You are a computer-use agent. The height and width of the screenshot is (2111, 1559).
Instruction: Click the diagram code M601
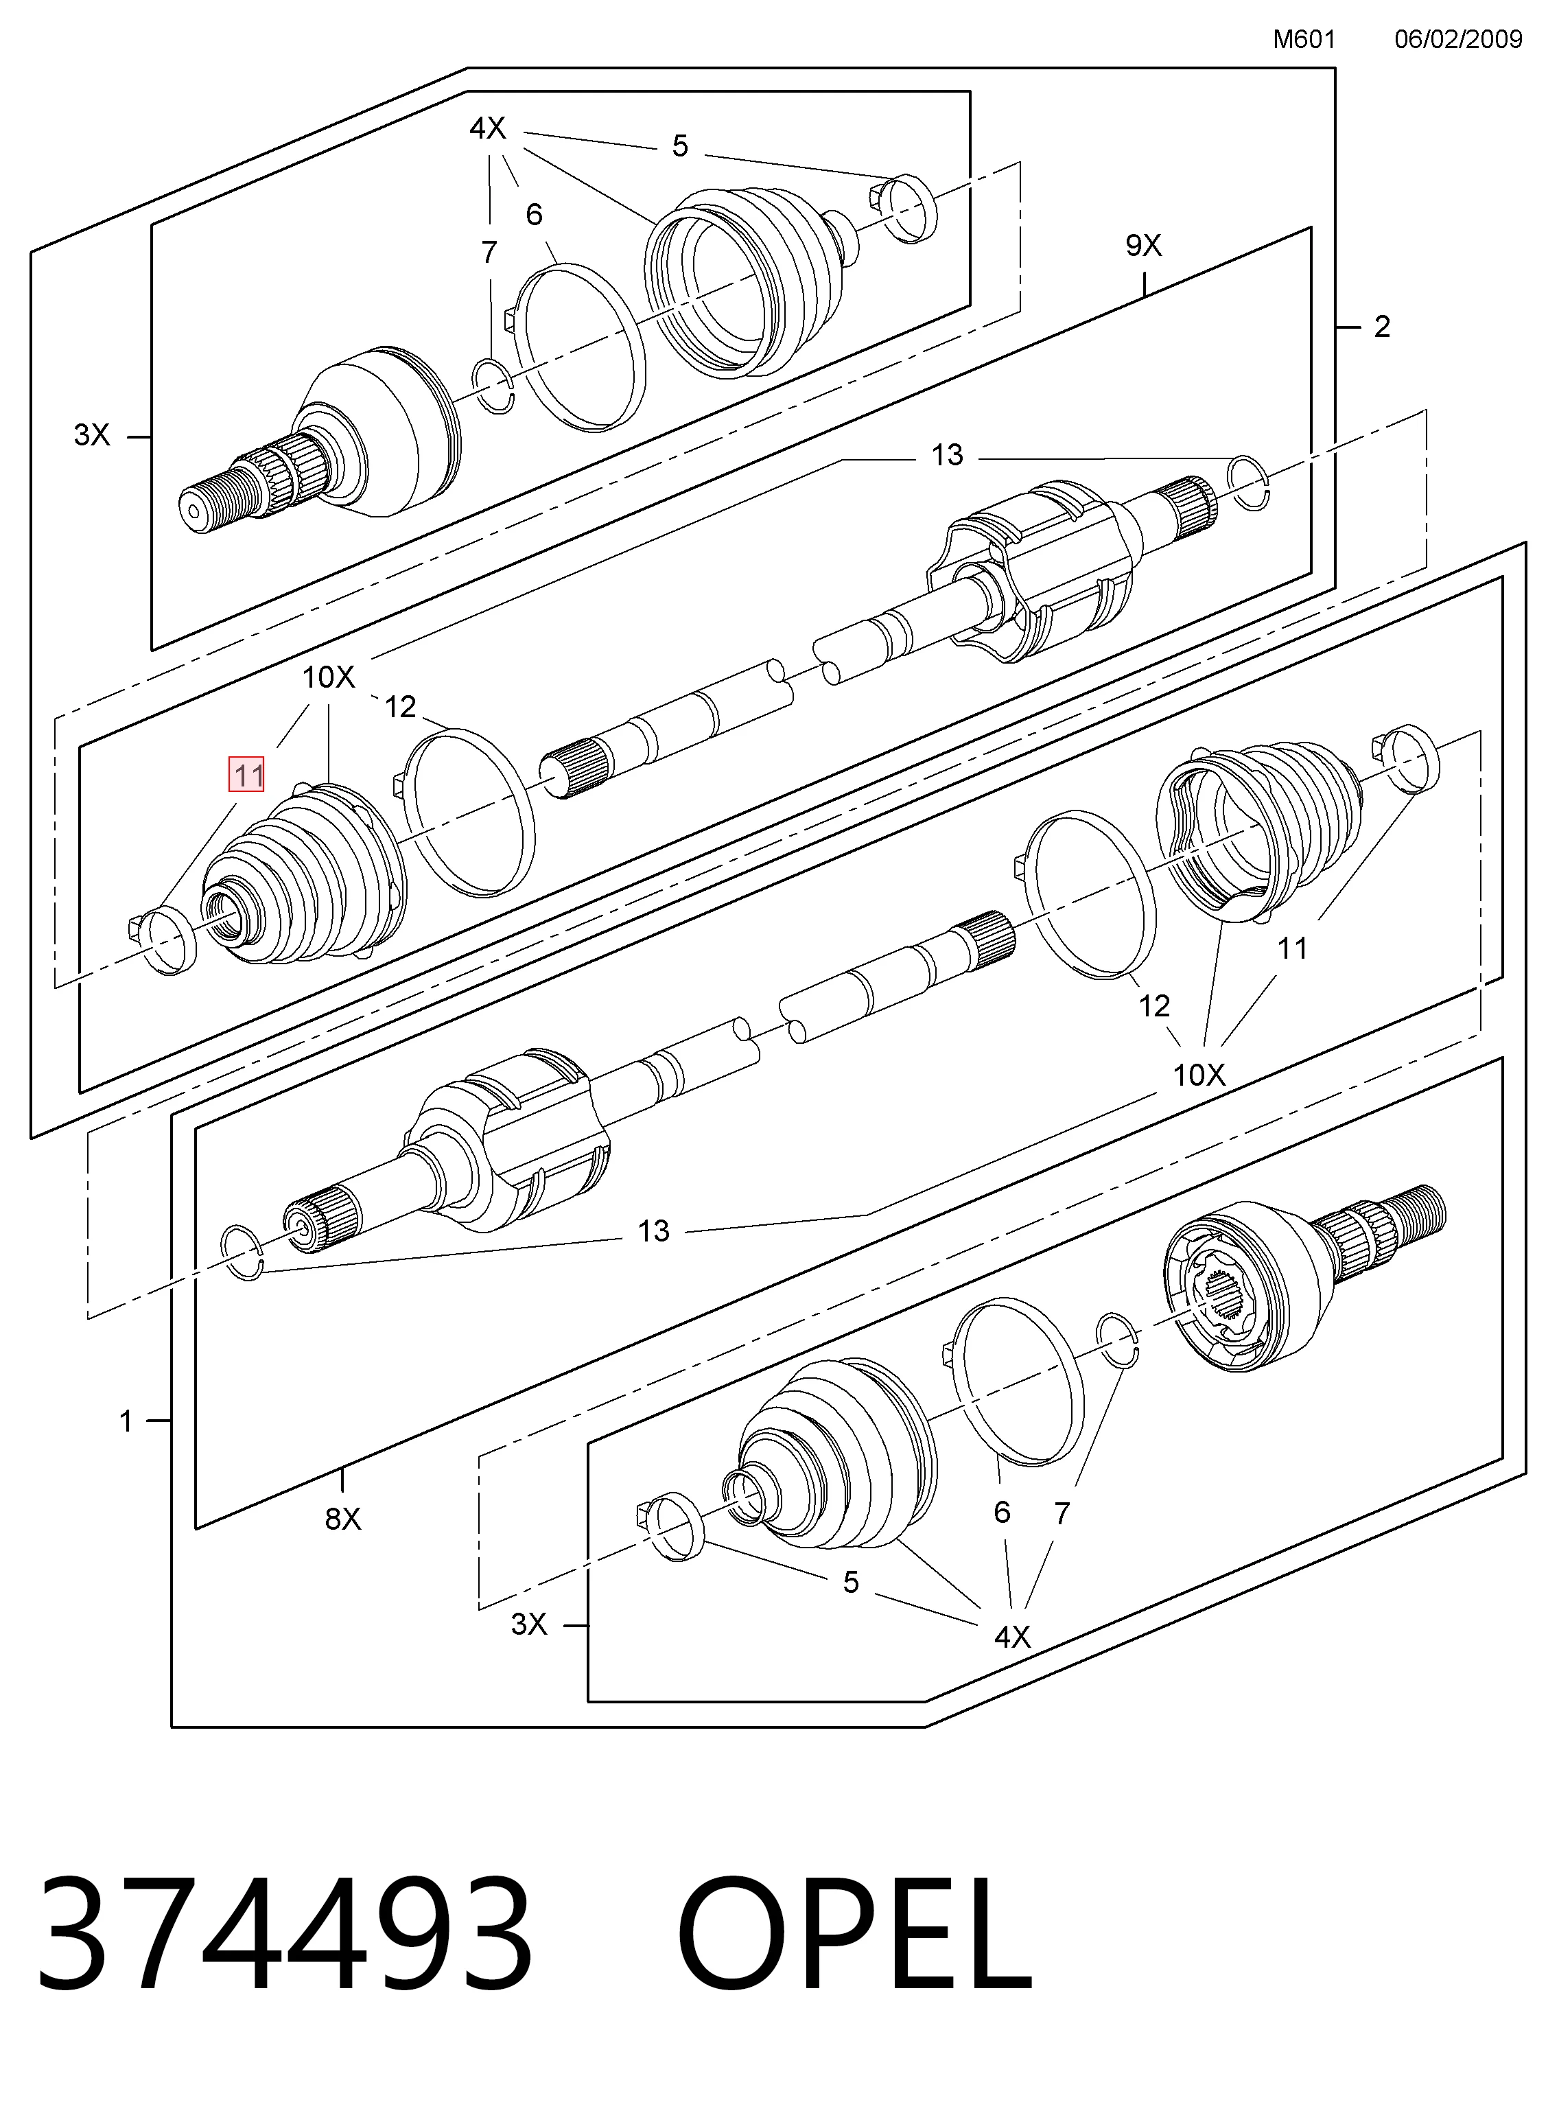pos(1304,40)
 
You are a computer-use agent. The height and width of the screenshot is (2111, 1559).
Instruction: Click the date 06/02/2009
pos(1458,40)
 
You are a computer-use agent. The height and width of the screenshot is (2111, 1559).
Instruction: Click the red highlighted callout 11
pos(247,775)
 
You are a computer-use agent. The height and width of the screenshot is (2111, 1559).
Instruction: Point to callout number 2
pos(1381,327)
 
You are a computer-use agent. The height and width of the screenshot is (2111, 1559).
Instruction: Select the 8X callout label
pos(342,1518)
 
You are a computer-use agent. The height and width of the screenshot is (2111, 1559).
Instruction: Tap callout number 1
pos(126,1421)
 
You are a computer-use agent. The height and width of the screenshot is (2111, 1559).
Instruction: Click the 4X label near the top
pos(488,128)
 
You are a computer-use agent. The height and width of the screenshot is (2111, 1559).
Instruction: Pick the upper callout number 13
pos(948,455)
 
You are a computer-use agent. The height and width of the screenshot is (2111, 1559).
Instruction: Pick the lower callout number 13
pos(653,1231)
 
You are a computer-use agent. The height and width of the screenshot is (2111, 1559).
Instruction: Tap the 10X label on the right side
pos(1199,1075)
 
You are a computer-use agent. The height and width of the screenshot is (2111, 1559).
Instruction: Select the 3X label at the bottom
pos(528,1624)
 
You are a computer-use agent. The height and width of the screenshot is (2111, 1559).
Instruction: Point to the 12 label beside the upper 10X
pos(400,707)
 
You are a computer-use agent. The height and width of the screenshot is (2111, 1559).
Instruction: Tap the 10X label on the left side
pos(329,677)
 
